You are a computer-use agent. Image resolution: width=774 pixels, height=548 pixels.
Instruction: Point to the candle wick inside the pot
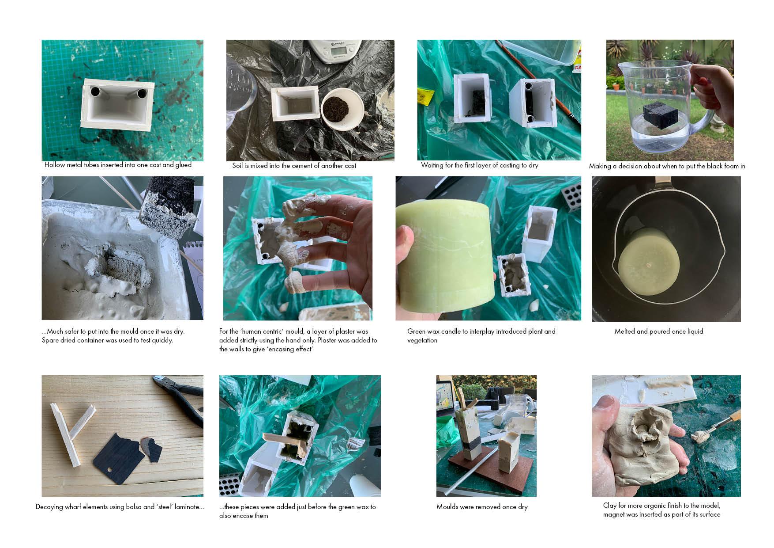point(648,266)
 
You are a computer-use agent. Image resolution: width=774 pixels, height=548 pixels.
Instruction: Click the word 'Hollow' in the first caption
point(55,165)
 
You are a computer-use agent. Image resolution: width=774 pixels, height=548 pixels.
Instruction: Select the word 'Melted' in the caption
point(625,331)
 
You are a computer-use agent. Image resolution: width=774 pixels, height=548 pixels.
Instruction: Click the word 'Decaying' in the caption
point(49,507)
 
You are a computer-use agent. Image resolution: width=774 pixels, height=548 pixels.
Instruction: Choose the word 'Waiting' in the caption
point(432,165)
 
